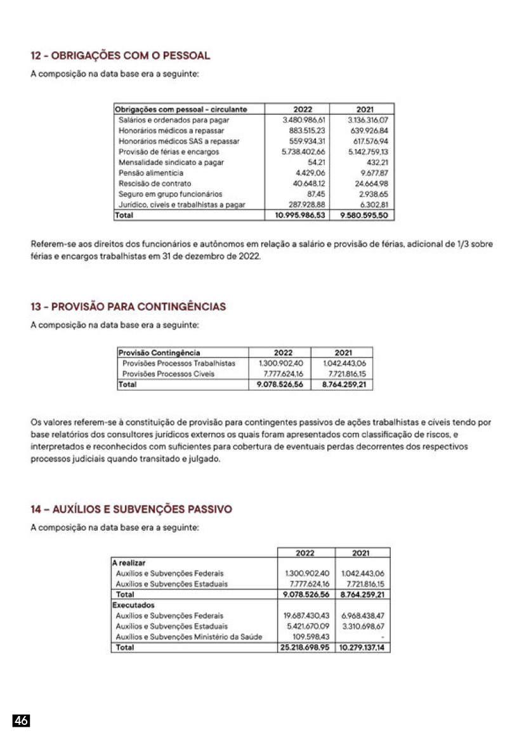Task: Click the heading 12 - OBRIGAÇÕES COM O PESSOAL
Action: [121, 56]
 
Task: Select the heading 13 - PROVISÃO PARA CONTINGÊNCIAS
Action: [128, 307]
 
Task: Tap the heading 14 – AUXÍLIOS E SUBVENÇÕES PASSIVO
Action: [131, 509]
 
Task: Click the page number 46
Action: [21, 720]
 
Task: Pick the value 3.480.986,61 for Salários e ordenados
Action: [303, 119]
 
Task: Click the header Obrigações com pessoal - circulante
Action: [181, 109]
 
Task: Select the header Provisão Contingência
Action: [159, 352]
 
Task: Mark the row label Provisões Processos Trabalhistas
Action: [179, 363]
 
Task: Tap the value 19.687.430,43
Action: [306, 616]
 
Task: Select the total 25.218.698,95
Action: [305, 648]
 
